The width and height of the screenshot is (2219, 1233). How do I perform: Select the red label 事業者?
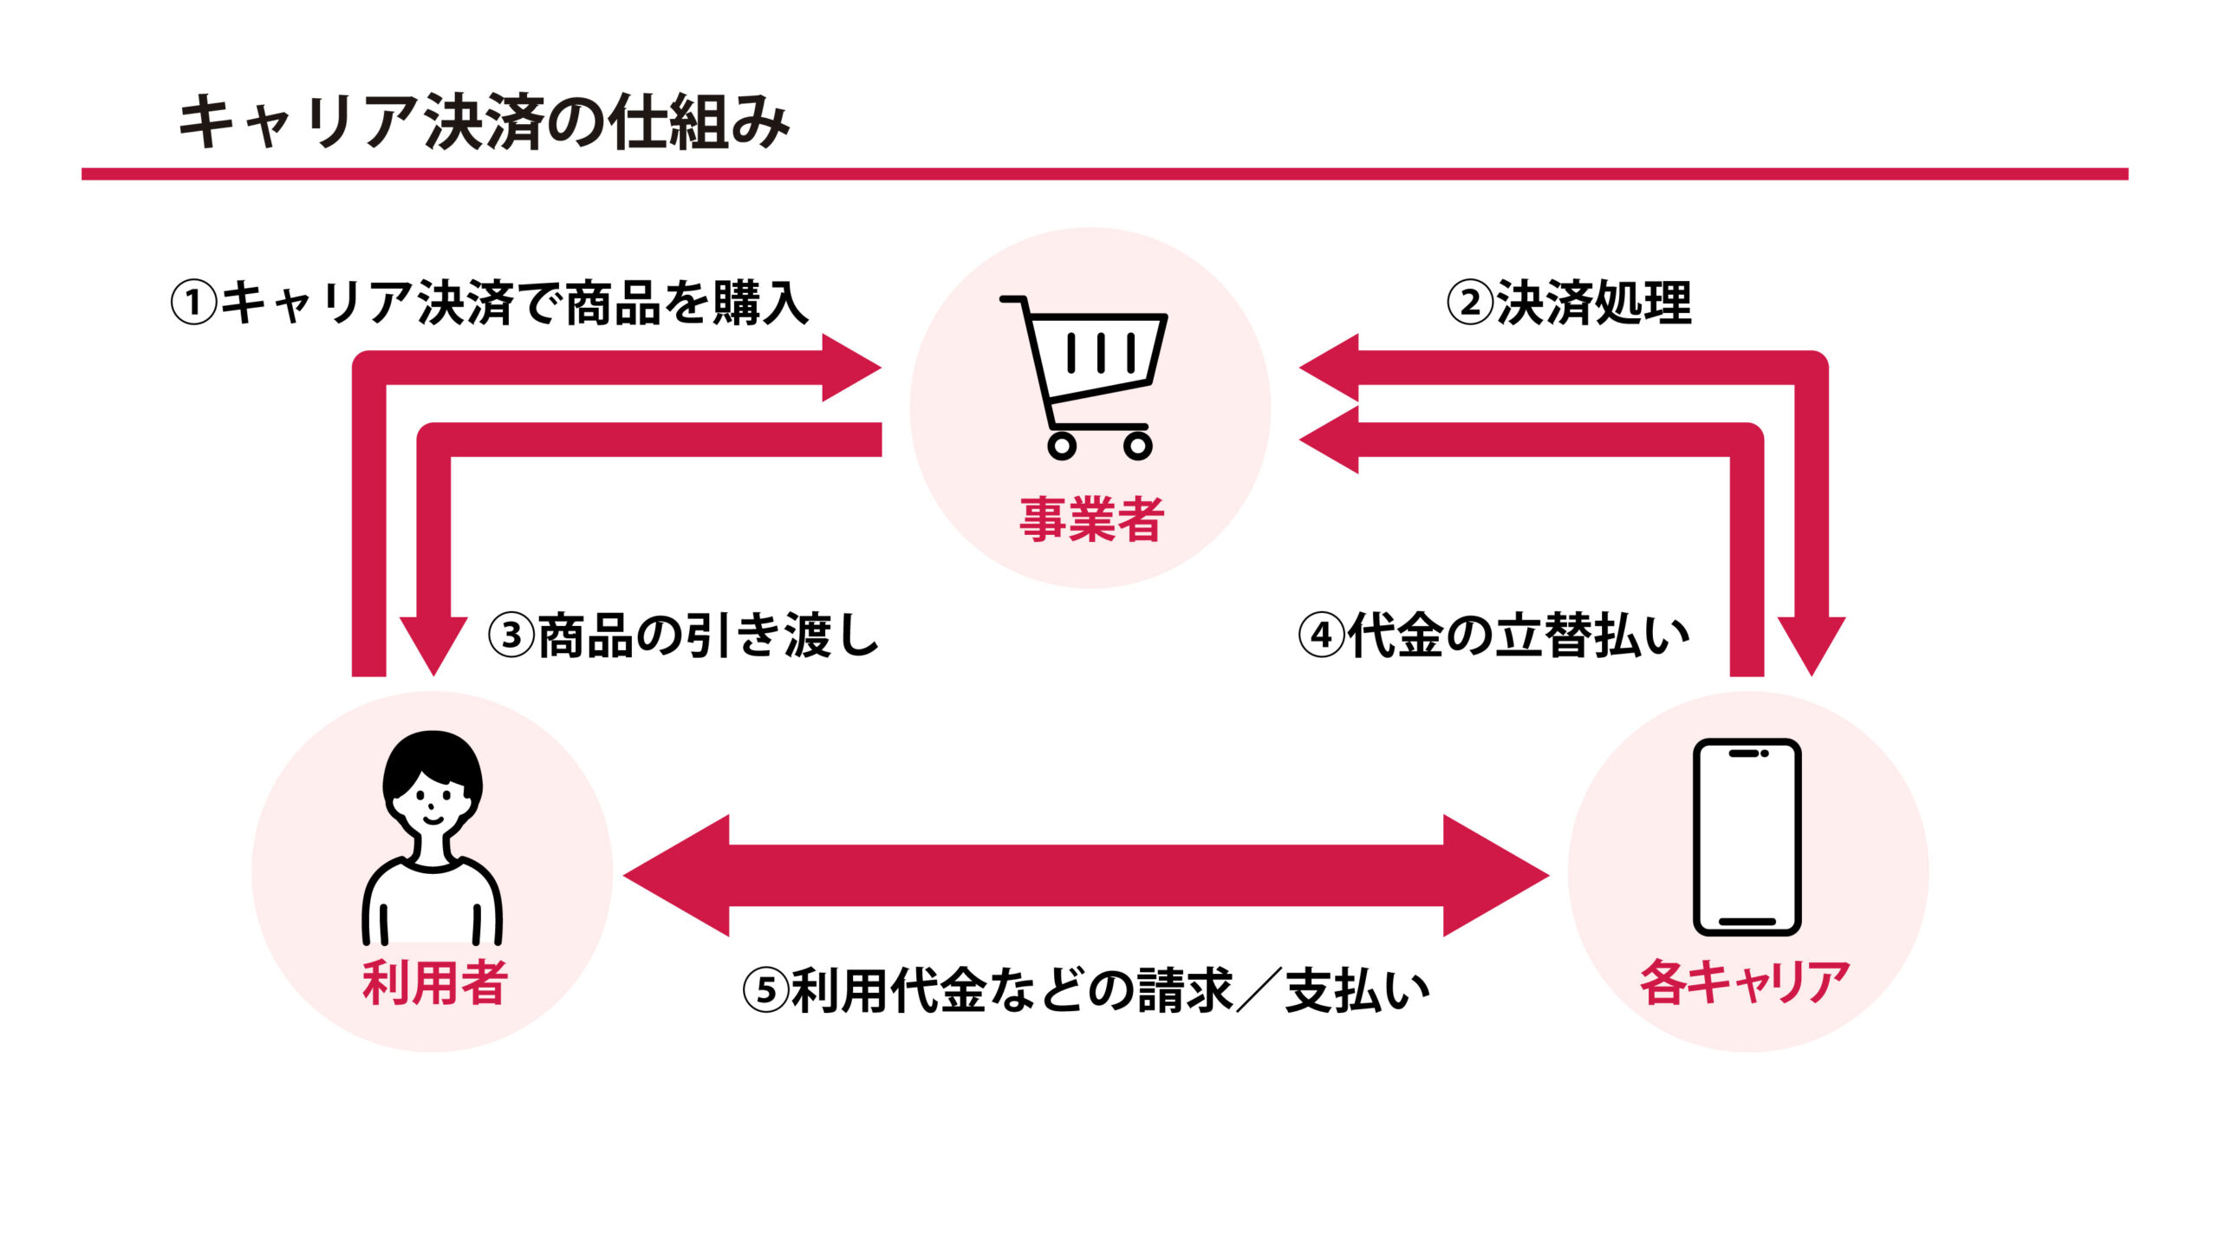point(1091,519)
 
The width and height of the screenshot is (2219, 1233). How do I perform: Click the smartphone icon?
point(1747,837)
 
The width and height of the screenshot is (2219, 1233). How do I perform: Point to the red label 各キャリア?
point(1745,982)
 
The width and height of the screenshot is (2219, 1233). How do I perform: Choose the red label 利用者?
point(435,982)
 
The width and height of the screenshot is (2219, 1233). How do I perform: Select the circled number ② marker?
point(1470,303)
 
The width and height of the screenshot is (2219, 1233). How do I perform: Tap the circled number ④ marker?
point(1321,636)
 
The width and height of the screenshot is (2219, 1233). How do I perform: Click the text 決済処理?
point(1593,303)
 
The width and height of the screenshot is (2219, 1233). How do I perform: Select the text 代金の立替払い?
point(1519,636)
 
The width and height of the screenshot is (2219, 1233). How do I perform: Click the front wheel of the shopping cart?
point(1138,446)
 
